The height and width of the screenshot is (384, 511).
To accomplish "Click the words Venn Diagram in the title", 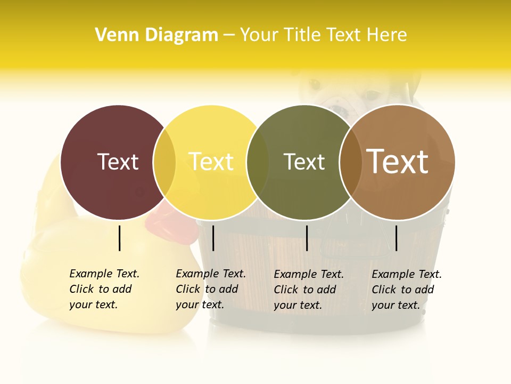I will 156,35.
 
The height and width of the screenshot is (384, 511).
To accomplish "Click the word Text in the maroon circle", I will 118,162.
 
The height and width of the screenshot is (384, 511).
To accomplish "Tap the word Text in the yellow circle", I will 211,162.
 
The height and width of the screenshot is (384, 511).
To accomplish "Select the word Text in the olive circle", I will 304,162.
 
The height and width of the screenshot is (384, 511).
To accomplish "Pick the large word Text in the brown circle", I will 397,162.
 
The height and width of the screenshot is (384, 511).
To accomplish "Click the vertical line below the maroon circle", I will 120,238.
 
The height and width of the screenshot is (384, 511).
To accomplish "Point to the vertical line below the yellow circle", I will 213,238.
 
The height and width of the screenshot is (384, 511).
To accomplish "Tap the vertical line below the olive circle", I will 307,238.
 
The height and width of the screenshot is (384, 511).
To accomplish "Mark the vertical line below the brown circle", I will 396,238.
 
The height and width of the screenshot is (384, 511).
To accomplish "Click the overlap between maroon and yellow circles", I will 164,162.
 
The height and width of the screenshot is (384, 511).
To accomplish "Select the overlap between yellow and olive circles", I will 258,162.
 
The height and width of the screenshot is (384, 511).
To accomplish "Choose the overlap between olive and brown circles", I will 350,162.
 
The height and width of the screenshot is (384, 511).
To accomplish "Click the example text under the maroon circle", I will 104,289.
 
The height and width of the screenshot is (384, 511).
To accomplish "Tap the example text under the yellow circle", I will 210,289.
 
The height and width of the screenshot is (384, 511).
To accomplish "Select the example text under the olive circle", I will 309,290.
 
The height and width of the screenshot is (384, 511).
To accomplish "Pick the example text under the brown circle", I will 406,290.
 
